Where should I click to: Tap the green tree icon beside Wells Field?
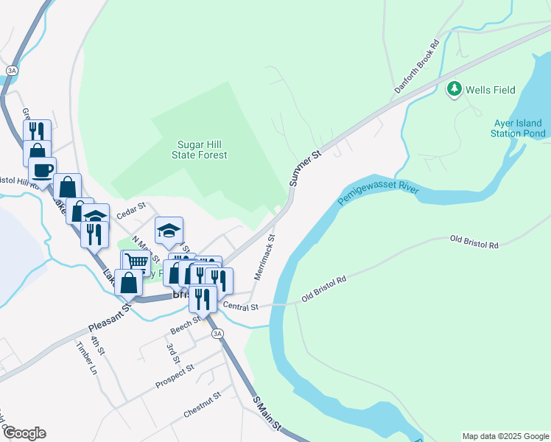pyautogui.click(x=455, y=90)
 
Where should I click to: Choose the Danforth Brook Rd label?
pyautogui.click(x=417, y=66)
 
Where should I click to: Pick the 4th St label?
pyautogui.click(x=95, y=346)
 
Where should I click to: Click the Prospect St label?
pyautogui.click(x=175, y=376)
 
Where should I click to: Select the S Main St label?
pyautogui.click(x=267, y=415)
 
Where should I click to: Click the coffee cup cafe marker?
pyautogui.click(x=43, y=169)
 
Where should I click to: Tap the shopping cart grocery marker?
pyautogui.click(x=136, y=262)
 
